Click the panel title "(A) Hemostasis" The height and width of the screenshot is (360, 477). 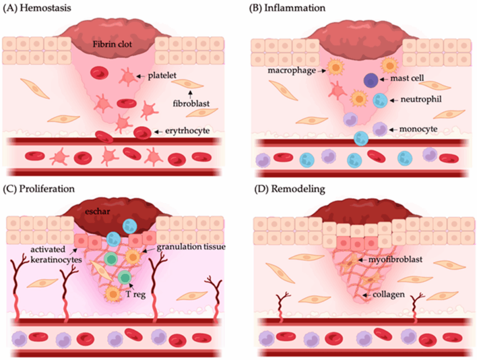[x=37, y=7]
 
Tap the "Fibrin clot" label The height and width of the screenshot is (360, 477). [x=112, y=44]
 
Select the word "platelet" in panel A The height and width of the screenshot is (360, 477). [x=162, y=75]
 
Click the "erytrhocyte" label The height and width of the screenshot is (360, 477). [x=187, y=131]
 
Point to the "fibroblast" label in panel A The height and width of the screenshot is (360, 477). [x=191, y=103]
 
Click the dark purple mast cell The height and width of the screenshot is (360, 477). [x=371, y=80]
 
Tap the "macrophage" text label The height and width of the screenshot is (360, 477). [x=292, y=70]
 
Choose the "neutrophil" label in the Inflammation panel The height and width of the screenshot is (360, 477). [x=421, y=99]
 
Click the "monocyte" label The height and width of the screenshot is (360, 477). [x=418, y=129]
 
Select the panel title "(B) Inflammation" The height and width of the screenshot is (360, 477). [x=287, y=7]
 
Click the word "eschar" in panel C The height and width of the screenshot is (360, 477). [x=97, y=211]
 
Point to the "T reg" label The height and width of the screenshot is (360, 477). [x=136, y=294]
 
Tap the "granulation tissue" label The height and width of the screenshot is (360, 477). [x=191, y=246]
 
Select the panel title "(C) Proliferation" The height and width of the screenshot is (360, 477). [x=39, y=189]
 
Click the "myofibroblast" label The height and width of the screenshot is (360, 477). [x=395, y=259]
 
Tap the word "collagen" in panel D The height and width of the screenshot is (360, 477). [x=388, y=294]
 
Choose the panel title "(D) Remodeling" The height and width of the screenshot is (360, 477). [x=290, y=189]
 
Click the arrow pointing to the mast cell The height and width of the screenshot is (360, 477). [x=384, y=79]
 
